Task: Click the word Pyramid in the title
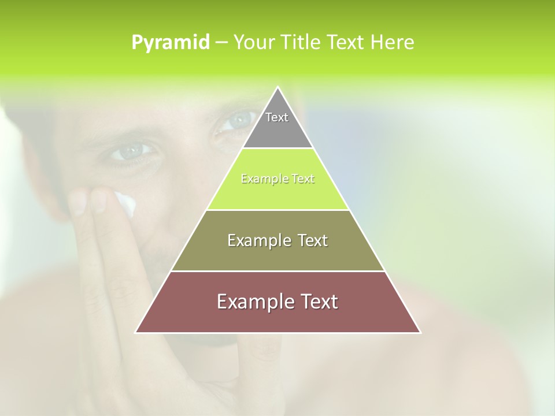[171, 42]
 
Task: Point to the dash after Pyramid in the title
[221, 43]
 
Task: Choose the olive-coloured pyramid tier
[277, 254]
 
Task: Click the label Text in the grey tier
[277, 117]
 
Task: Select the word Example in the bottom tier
[251, 302]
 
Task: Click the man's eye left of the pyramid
[131, 151]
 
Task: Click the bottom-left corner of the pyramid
[136, 332]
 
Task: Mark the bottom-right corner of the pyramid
[420, 332]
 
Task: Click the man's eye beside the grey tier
[236, 121]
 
